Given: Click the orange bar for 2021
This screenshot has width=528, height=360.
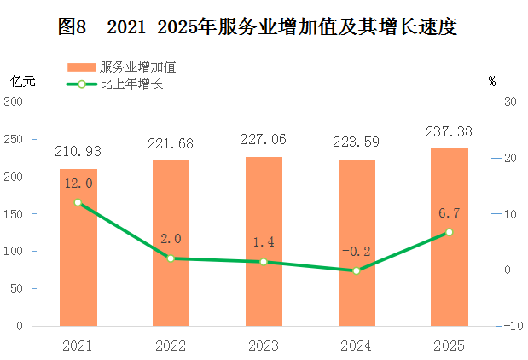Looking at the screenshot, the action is [78, 247].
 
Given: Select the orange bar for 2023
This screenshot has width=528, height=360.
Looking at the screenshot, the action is [264, 241].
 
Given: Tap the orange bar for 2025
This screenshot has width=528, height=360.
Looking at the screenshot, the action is [450, 237].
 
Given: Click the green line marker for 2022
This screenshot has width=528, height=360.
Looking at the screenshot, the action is [171, 258].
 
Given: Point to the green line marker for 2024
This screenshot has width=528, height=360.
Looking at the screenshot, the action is [357, 270].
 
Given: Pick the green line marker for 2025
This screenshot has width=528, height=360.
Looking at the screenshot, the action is [450, 232].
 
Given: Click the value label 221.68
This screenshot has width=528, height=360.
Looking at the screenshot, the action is [171, 144].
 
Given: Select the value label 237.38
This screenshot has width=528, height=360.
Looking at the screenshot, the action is [449, 131].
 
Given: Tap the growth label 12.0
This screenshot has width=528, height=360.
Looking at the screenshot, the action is [78, 183].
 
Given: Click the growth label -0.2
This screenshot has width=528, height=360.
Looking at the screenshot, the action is [357, 252].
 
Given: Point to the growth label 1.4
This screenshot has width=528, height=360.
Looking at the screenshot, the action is [264, 242].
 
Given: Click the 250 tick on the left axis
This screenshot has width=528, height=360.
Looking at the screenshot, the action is [13, 139].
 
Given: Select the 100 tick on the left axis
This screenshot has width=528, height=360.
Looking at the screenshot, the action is [13, 251].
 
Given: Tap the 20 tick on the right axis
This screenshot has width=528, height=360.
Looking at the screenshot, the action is [510, 158].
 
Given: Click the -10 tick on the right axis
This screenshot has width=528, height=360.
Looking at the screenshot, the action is [513, 326].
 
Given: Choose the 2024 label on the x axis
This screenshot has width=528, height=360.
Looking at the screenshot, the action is [356, 346].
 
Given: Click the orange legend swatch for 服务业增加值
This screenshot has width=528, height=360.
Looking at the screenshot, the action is [82, 67].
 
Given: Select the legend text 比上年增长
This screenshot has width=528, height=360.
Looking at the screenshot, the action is [131, 84].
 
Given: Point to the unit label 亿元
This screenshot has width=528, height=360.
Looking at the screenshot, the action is [23, 82].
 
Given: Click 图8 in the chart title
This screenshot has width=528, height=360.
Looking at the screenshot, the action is [72, 26].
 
